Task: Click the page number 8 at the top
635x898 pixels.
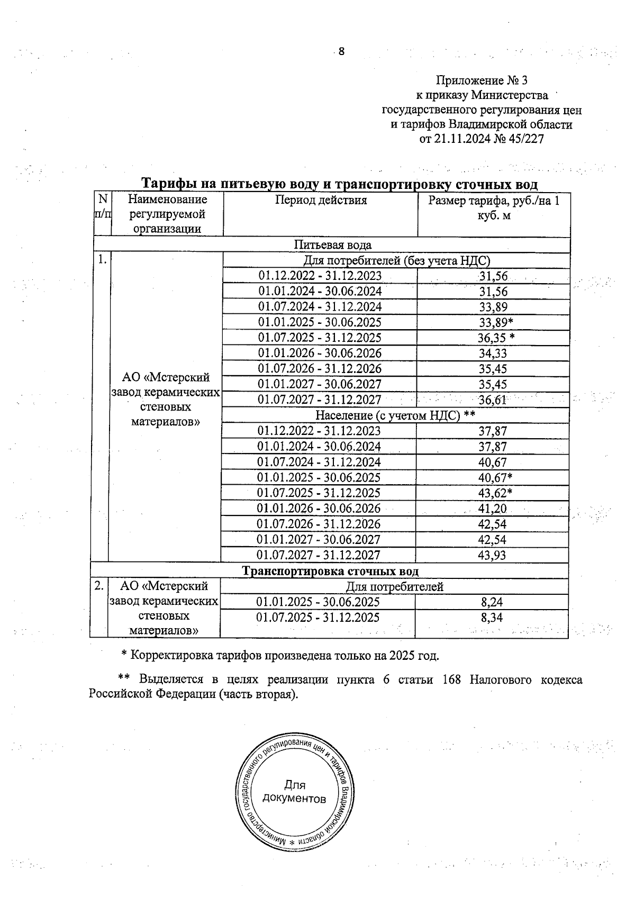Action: [341, 51]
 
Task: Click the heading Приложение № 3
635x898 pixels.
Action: [482, 80]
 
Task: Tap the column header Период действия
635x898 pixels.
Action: [321, 200]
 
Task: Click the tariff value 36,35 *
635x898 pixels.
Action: [496, 338]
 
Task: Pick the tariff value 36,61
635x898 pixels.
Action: [493, 400]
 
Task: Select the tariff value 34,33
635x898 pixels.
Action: [493, 353]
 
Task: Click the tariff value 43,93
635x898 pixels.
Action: [492, 555]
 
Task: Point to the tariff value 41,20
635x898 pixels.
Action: [492, 509]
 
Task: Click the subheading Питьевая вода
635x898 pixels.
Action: [333, 245]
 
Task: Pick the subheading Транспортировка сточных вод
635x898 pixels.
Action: [331, 572]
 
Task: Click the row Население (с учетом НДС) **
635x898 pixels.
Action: [395, 415]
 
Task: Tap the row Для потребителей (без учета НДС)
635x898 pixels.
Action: [397, 261]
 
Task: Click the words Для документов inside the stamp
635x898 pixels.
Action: [294, 792]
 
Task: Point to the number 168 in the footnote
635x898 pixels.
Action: [451, 680]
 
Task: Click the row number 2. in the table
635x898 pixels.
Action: [99, 586]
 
